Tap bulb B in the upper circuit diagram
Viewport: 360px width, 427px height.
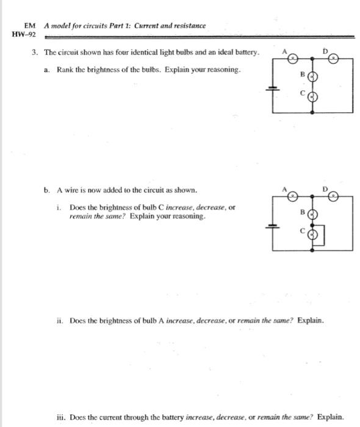(x=312, y=77)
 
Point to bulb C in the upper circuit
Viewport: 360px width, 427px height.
(x=312, y=96)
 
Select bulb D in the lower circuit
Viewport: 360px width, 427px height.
(x=334, y=195)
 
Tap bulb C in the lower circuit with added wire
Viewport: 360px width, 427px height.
(x=312, y=233)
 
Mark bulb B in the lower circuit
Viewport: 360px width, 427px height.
(x=312, y=215)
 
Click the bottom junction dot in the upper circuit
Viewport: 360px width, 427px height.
(x=313, y=112)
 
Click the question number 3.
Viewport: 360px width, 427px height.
(x=35, y=53)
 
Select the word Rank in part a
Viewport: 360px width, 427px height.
(x=65, y=70)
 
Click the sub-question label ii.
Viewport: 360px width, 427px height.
(x=60, y=320)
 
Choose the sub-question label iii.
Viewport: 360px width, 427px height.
(x=59, y=417)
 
